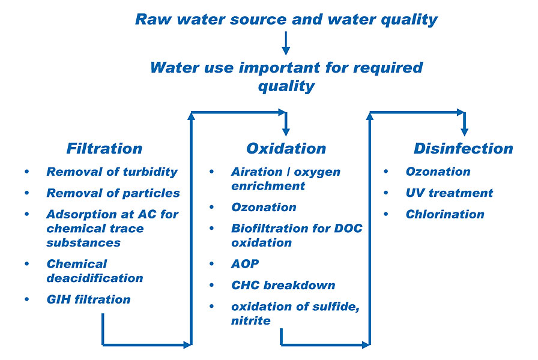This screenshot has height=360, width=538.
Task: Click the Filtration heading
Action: click(x=104, y=148)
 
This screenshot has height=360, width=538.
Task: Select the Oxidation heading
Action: click(x=286, y=148)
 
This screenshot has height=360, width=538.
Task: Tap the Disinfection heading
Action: click(x=463, y=148)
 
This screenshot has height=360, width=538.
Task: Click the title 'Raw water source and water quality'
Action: click(x=286, y=19)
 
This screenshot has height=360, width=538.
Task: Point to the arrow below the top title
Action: click(x=286, y=43)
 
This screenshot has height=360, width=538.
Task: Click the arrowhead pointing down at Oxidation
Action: click(x=286, y=130)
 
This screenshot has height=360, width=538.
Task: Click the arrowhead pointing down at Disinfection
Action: click(x=464, y=130)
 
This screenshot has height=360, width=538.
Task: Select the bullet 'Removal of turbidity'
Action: click(x=112, y=172)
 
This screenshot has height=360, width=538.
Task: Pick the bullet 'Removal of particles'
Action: click(x=113, y=193)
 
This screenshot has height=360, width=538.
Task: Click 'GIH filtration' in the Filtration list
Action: click(x=88, y=299)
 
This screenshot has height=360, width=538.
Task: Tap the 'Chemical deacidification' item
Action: click(x=94, y=271)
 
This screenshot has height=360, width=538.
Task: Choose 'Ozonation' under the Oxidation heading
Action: click(x=264, y=207)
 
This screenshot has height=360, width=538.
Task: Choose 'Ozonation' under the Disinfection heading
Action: click(x=438, y=172)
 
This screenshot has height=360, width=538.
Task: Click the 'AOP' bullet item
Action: click(x=245, y=263)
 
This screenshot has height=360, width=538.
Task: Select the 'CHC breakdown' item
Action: click(x=274, y=285)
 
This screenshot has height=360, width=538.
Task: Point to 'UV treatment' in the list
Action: click(x=449, y=193)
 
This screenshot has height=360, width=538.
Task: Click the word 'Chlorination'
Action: click(x=444, y=214)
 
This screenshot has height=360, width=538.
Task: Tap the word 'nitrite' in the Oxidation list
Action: click(x=250, y=320)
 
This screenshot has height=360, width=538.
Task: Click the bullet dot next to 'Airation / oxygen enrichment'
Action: click(x=212, y=172)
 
